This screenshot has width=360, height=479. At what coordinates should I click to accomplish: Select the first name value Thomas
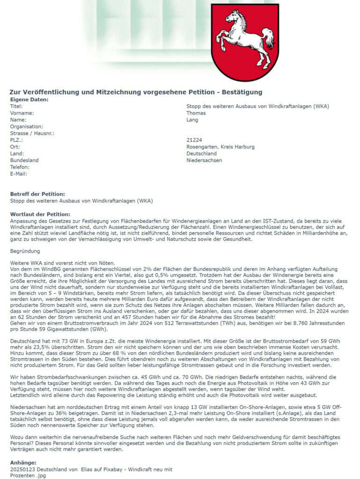click(196, 113)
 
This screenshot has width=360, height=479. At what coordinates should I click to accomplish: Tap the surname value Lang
click(192, 120)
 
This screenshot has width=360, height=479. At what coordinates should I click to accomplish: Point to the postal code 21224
click(194, 140)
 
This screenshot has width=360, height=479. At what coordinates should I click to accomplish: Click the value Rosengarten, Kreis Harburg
click(220, 147)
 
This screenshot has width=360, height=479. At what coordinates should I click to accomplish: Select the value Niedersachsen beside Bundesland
click(204, 160)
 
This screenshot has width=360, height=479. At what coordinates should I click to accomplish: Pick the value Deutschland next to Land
click(201, 153)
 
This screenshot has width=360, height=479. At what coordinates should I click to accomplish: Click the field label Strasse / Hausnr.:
click(32, 133)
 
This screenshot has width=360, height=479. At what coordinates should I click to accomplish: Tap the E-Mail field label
click(19, 174)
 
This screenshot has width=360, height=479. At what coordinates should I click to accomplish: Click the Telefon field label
click(20, 167)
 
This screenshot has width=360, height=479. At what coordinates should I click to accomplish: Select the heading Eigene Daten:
click(29, 100)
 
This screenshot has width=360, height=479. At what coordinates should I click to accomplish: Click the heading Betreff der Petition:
click(37, 194)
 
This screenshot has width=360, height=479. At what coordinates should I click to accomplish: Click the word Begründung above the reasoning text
click(26, 251)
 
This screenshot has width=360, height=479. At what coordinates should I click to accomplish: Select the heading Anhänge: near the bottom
click(23, 463)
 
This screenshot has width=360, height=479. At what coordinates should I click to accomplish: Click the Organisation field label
click(27, 126)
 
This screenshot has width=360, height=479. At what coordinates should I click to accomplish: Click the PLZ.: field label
click(17, 140)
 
